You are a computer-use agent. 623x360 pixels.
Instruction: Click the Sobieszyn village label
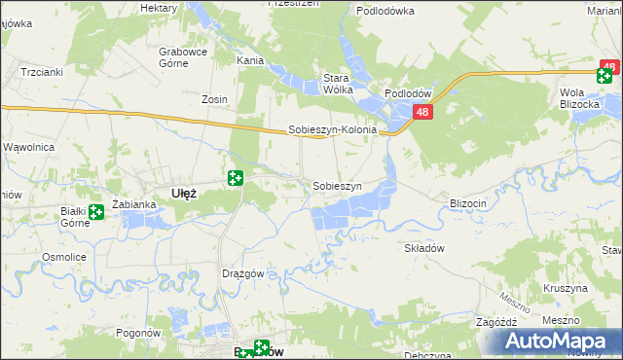(337, 186)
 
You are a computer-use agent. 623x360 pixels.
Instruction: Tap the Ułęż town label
(184, 193)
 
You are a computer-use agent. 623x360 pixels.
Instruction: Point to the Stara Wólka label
(338, 84)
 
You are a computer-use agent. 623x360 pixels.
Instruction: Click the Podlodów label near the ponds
(408, 93)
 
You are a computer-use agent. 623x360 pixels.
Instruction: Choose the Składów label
(424, 248)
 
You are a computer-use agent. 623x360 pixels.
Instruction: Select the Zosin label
(214, 99)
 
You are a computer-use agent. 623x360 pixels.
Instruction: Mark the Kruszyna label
(566, 289)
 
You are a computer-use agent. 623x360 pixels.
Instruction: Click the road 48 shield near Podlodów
(421, 114)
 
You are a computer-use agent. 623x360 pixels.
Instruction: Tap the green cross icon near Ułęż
(235, 177)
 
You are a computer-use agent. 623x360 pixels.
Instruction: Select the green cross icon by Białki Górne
(95, 212)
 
